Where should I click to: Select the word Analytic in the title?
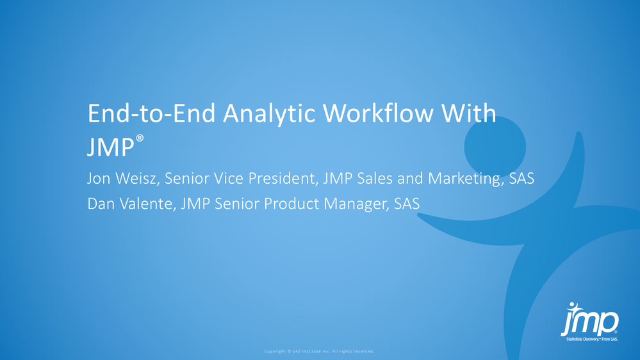268,115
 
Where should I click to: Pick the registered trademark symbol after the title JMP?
140,138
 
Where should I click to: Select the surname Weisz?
140,179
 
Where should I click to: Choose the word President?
283,179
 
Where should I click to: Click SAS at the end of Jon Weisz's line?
521,178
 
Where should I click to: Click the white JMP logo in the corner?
590,322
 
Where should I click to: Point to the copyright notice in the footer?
319,351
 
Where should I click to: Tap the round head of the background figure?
495,147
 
